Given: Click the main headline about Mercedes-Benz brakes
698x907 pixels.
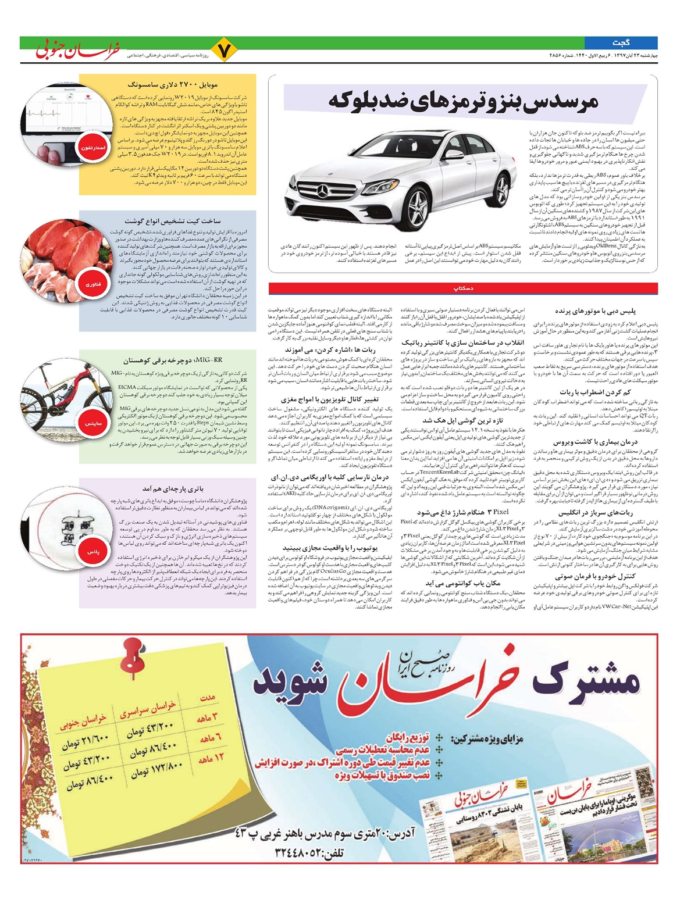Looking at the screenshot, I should pos(463,99).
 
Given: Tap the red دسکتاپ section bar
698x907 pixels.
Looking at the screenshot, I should pos(463,288).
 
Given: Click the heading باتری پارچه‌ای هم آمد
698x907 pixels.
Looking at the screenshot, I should pos(172,489).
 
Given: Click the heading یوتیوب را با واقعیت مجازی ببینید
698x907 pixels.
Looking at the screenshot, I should pos(330,548).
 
